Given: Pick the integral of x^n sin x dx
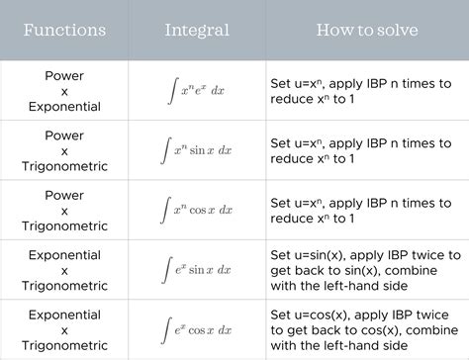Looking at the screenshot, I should (x=198, y=149).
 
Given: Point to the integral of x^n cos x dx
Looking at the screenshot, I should (x=198, y=209).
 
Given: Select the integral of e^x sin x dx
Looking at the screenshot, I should (x=198, y=268).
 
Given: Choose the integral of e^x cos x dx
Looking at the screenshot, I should (x=198, y=327).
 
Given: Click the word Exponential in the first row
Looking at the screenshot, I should (x=64, y=106).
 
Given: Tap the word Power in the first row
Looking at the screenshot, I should (x=64, y=74).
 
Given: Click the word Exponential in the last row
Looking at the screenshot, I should (x=64, y=313).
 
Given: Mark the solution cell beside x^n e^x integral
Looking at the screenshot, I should (x=360, y=90).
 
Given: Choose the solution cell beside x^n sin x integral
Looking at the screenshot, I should (x=360, y=149).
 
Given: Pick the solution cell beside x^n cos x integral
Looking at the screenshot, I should (x=360, y=209).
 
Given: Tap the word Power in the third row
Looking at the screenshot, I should (x=64, y=194).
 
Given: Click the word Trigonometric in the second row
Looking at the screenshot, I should (x=64, y=165).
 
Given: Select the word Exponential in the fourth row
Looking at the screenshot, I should (x=64, y=253).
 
